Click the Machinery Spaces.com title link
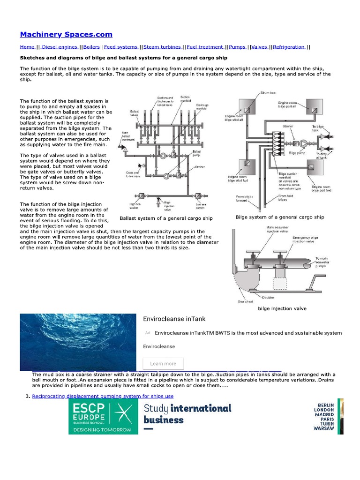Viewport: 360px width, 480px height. [x=66, y=34]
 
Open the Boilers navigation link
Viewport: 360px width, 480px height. [x=92, y=47]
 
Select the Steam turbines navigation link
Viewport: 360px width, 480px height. [x=163, y=47]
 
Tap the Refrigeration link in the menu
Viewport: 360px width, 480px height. [x=289, y=47]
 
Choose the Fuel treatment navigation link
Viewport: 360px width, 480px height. [x=205, y=47]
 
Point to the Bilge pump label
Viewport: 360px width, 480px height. [x=298, y=152]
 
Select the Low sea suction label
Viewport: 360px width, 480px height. [x=201, y=206]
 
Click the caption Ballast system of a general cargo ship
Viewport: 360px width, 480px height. [x=166, y=218]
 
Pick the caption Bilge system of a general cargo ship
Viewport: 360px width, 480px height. [x=279, y=217]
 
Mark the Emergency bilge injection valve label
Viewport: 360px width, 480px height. [x=305, y=240]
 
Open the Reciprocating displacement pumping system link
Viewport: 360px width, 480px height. [x=103, y=396]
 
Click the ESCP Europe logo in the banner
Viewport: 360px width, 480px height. [x=103, y=416]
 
